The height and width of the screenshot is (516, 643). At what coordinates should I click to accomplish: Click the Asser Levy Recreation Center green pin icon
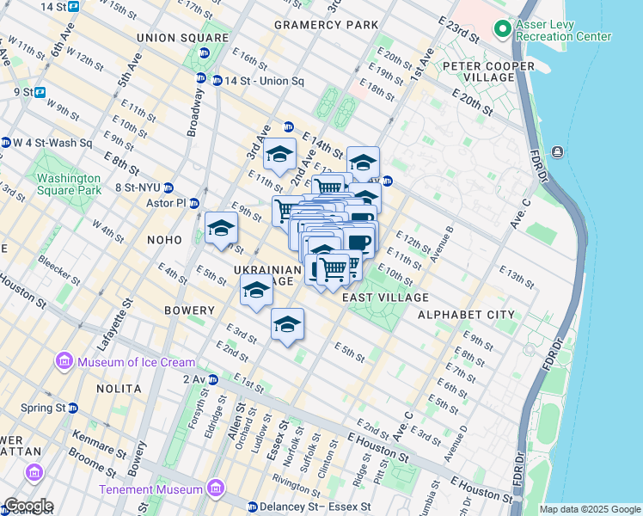[x=504, y=30]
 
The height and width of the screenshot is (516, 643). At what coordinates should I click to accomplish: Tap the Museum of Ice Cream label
[x=136, y=362]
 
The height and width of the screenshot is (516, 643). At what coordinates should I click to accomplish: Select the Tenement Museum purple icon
[x=216, y=489]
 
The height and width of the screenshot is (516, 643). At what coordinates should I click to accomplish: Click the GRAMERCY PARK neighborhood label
[x=326, y=25]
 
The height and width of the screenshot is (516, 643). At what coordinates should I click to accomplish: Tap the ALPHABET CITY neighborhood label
[x=466, y=315]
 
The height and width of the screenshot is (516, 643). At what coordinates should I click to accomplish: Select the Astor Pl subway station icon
[x=194, y=204]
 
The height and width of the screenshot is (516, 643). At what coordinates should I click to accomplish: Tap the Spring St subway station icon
[x=73, y=408]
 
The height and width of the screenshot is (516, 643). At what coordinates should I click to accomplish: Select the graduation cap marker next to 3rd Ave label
[x=279, y=155]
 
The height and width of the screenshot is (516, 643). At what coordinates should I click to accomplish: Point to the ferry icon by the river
[x=558, y=152]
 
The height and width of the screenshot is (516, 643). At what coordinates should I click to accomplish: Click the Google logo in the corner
[x=28, y=506]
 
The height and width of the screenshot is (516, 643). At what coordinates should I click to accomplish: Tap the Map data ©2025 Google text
[x=590, y=509]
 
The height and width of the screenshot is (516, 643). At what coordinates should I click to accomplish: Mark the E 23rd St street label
[x=457, y=29]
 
